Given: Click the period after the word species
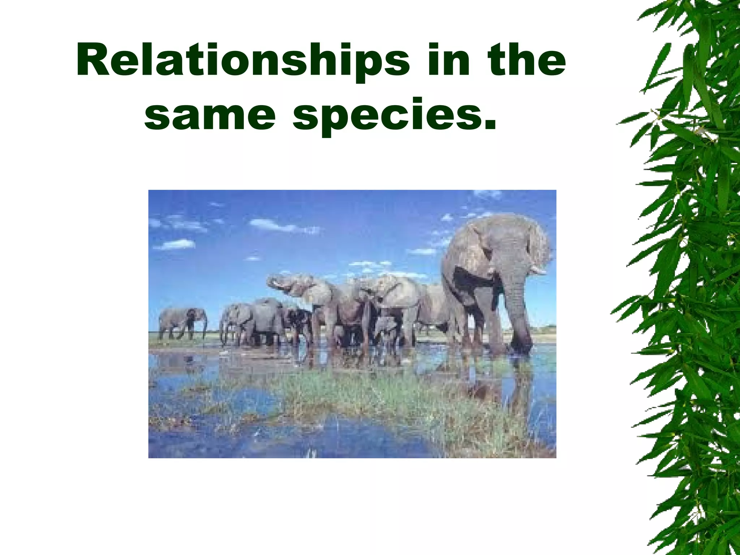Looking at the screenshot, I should click(x=489, y=126).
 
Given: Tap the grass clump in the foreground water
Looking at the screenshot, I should click(x=361, y=397).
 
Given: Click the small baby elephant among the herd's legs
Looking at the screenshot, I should click(x=385, y=332).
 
